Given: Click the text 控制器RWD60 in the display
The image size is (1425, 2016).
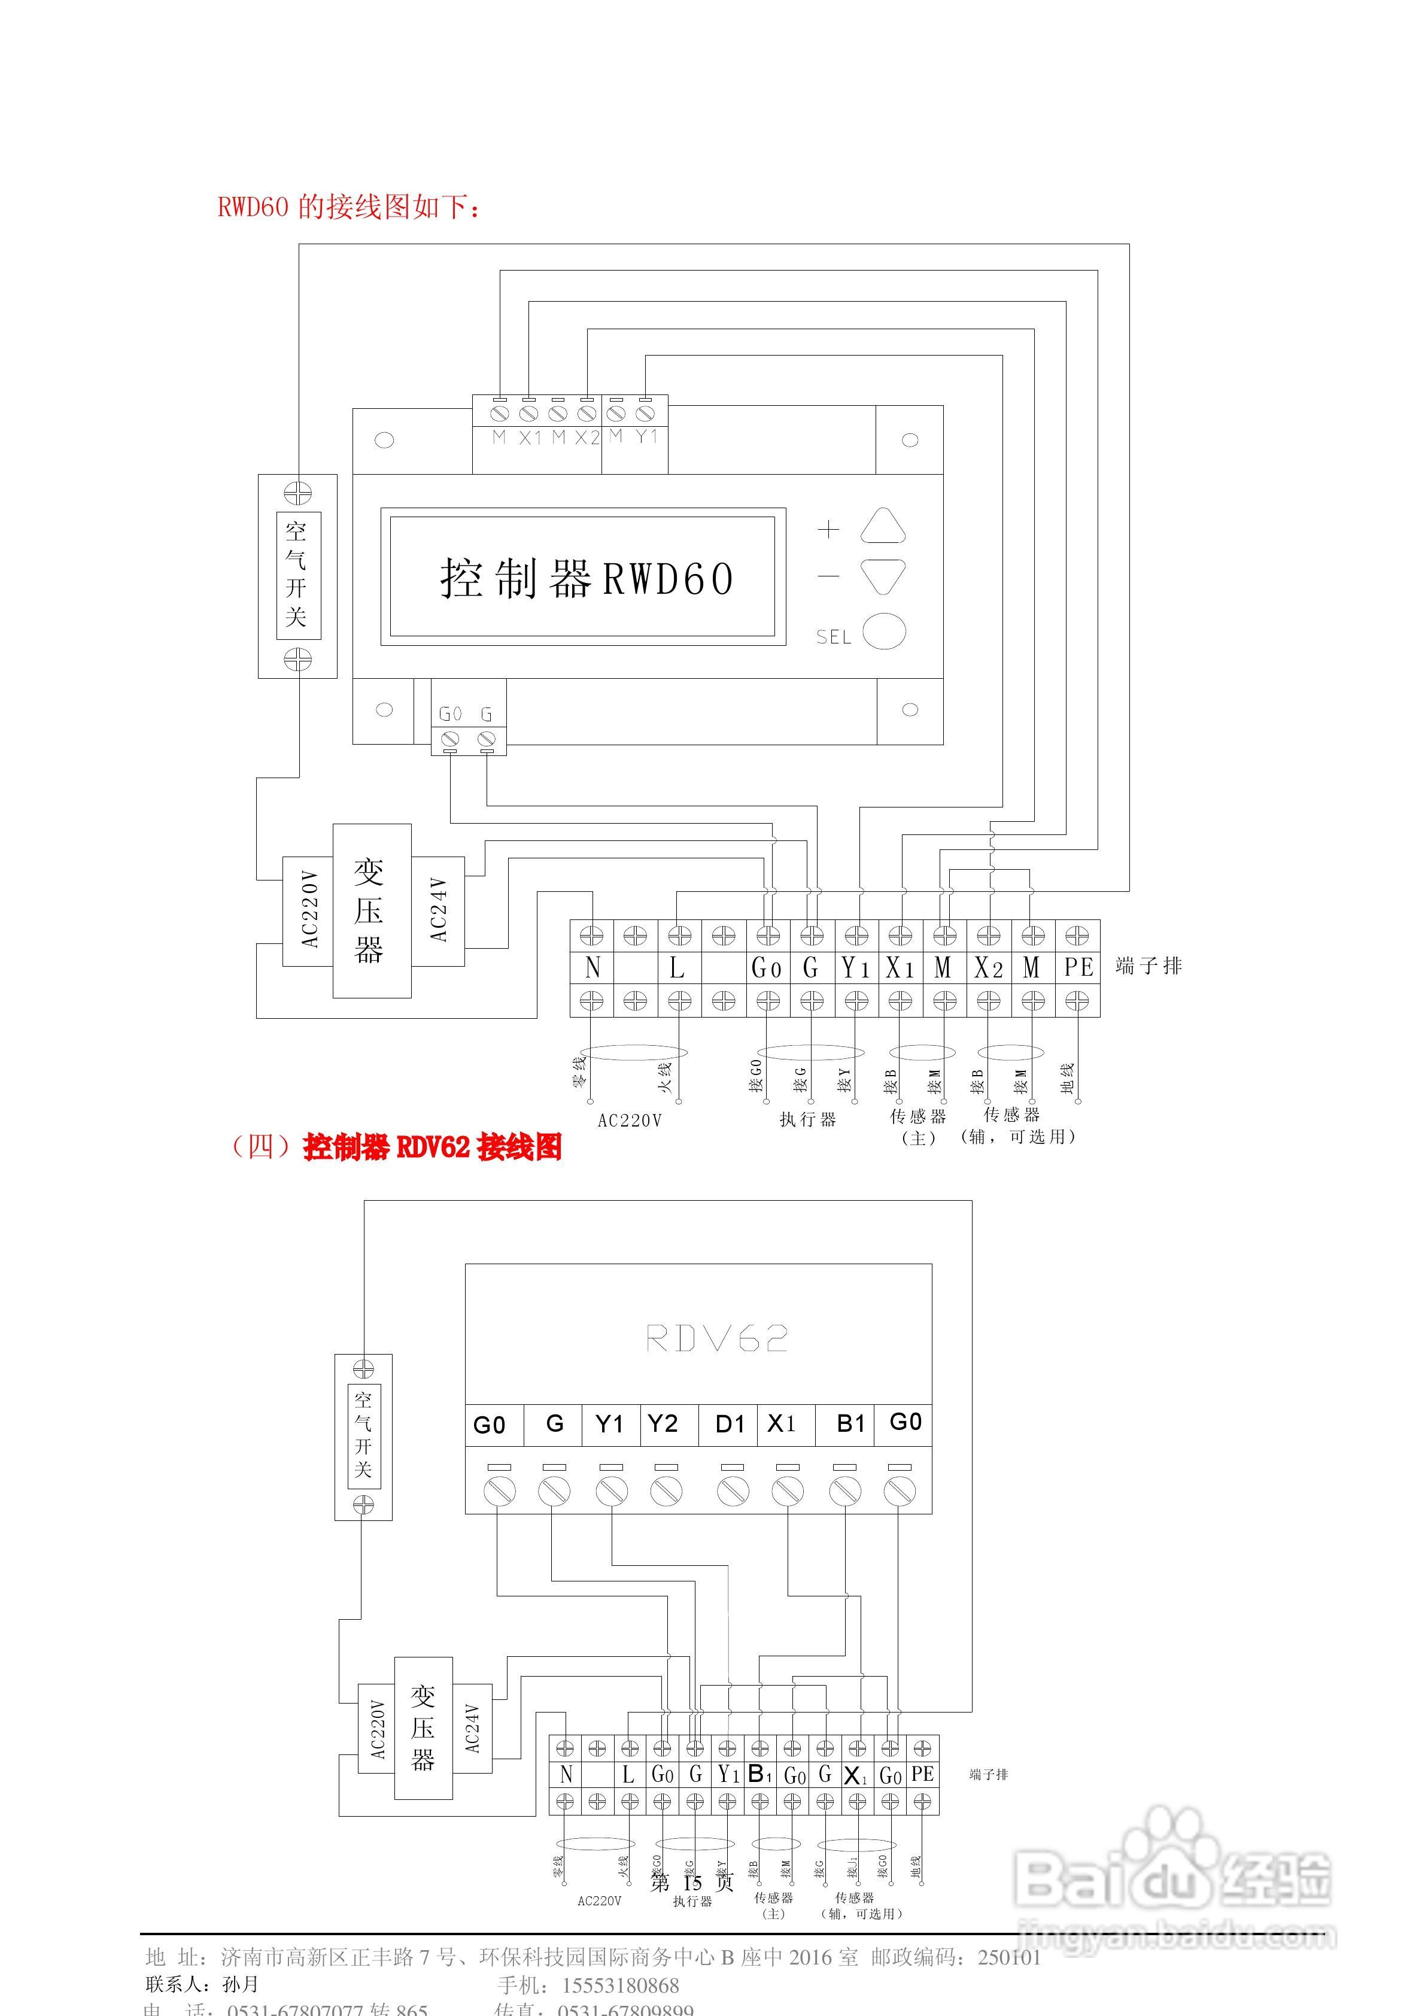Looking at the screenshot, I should point(587,579).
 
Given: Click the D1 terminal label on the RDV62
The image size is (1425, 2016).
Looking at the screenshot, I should point(730,1424).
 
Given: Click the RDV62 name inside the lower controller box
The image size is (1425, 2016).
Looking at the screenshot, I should point(716,1338).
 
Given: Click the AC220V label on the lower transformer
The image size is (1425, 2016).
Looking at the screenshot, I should point(378,1730).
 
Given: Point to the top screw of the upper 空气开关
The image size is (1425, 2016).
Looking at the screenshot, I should point(297,493).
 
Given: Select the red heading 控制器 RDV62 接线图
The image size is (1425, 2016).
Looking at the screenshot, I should point(432,1147).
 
